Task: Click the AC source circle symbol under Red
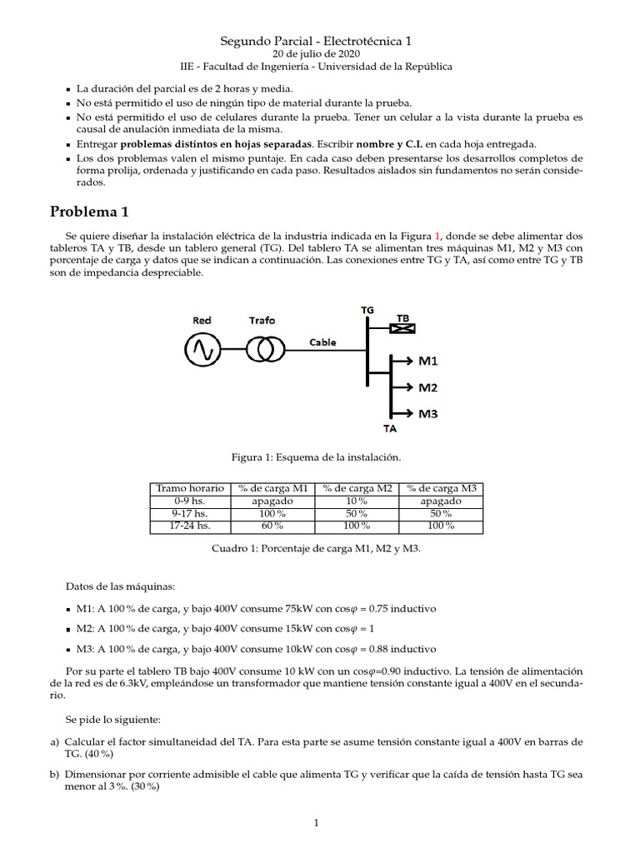(x=202, y=351)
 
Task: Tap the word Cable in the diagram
(x=322, y=342)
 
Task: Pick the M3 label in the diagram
(x=427, y=413)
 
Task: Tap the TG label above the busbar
(x=367, y=309)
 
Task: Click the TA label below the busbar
(x=389, y=429)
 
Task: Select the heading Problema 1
(x=89, y=211)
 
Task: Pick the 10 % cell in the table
(x=357, y=501)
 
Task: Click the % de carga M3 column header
(x=441, y=488)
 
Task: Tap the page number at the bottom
(x=316, y=824)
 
